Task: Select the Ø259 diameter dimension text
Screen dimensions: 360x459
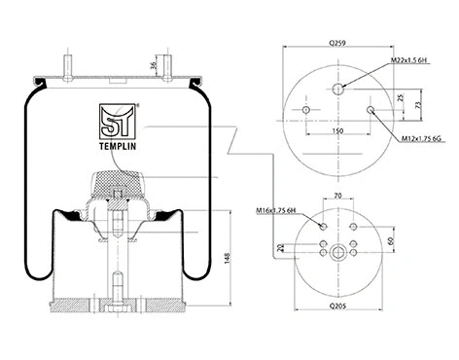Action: coord(338,44)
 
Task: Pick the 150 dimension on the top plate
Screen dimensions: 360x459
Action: coord(336,128)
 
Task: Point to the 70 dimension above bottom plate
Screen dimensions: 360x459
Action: coord(339,197)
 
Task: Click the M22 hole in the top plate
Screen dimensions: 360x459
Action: coord(338,89)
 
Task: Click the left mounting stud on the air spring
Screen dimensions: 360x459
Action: coord(72,69)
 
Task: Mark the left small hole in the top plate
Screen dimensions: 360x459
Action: coord(306,109)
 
